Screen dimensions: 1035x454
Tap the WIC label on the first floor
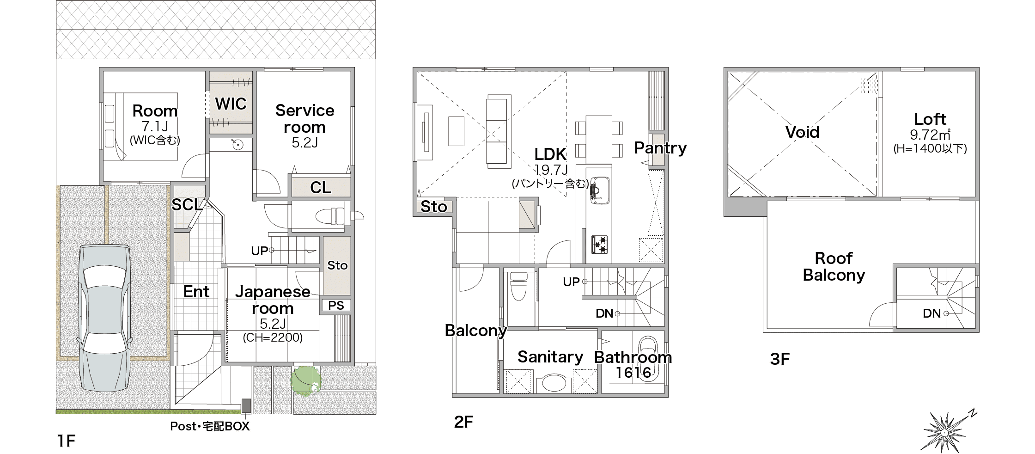[x=231, y=104]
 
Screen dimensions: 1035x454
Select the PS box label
[x=336, y=305]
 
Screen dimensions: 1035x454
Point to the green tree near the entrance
[x=305, y=380]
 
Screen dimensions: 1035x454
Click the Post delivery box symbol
[x=246, y=405]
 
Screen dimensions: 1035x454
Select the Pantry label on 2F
[x=660, y=148]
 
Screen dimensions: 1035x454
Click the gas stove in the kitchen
[x=600, y=244]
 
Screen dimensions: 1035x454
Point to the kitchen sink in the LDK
[x=600, y=190]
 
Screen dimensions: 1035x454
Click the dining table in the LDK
[x=599, y=140]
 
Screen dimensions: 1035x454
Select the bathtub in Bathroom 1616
[x=648, y=359]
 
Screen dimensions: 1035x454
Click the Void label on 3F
[x=802, y=132]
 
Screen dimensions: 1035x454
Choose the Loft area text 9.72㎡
[x=930, y=135]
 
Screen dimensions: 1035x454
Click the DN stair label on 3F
[x=932, y=313]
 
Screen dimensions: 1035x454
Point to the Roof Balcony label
[x=834, y=266]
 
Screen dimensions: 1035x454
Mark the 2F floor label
[x=463, y=422]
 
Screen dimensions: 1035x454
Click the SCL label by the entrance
[x=187, y=205]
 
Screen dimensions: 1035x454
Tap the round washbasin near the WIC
[x=237, y=145]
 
